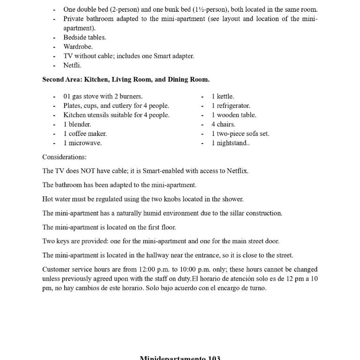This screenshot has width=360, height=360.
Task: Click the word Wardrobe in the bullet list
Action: pyautogui.click(x=78, y=46)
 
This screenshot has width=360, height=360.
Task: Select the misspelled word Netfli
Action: pyautogui.click(x=72, y=65)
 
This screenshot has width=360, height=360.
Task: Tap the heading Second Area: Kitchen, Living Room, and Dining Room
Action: pyautogui.click(x=126, y=79)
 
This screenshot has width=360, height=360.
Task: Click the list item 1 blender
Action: pyautogui.click(x=77, y=124)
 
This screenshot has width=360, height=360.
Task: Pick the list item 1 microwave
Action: pyautogui.click(x=82, y=143)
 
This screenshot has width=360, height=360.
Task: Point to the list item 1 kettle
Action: pyautogui.click(x=223, y=96)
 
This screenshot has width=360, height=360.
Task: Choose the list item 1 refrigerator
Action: pyautogui.click(x=231, y=105)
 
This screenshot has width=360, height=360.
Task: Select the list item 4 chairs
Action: pyautogui.click(x=223, y=124)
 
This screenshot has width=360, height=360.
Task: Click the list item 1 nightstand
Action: pyautogui.click(x=230, y=143)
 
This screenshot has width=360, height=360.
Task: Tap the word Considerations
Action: pyautogui.click(x=64, y=157)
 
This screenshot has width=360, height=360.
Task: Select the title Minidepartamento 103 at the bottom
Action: pyautogui.click(x=180, y=358)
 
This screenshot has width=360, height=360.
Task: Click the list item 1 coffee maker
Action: pyautogui.click(x=85, y=134)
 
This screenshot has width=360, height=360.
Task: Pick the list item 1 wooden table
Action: pyautogui.click(x=233, y=115)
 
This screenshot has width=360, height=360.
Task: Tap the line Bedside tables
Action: pyautogui.click(x=84, y=37)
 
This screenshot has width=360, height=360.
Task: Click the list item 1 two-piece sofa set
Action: pyautogui.click(x=240, y=134)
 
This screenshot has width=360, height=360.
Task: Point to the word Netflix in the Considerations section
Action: pyautogui.click(x=237, y=171)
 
